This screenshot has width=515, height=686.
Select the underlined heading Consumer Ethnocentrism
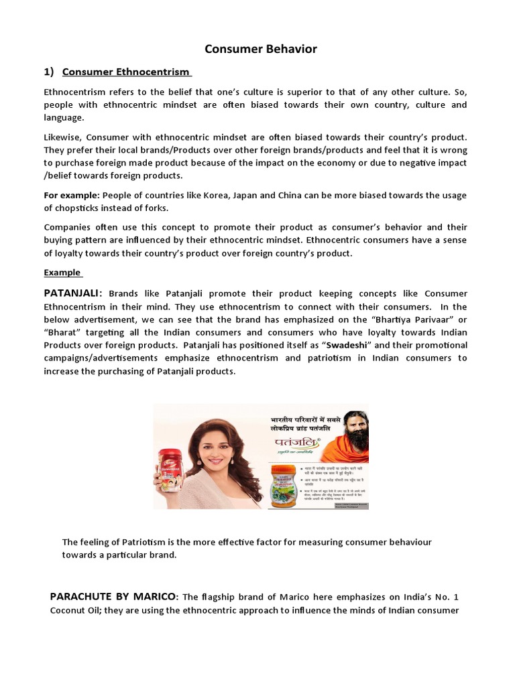coord(127,72)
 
